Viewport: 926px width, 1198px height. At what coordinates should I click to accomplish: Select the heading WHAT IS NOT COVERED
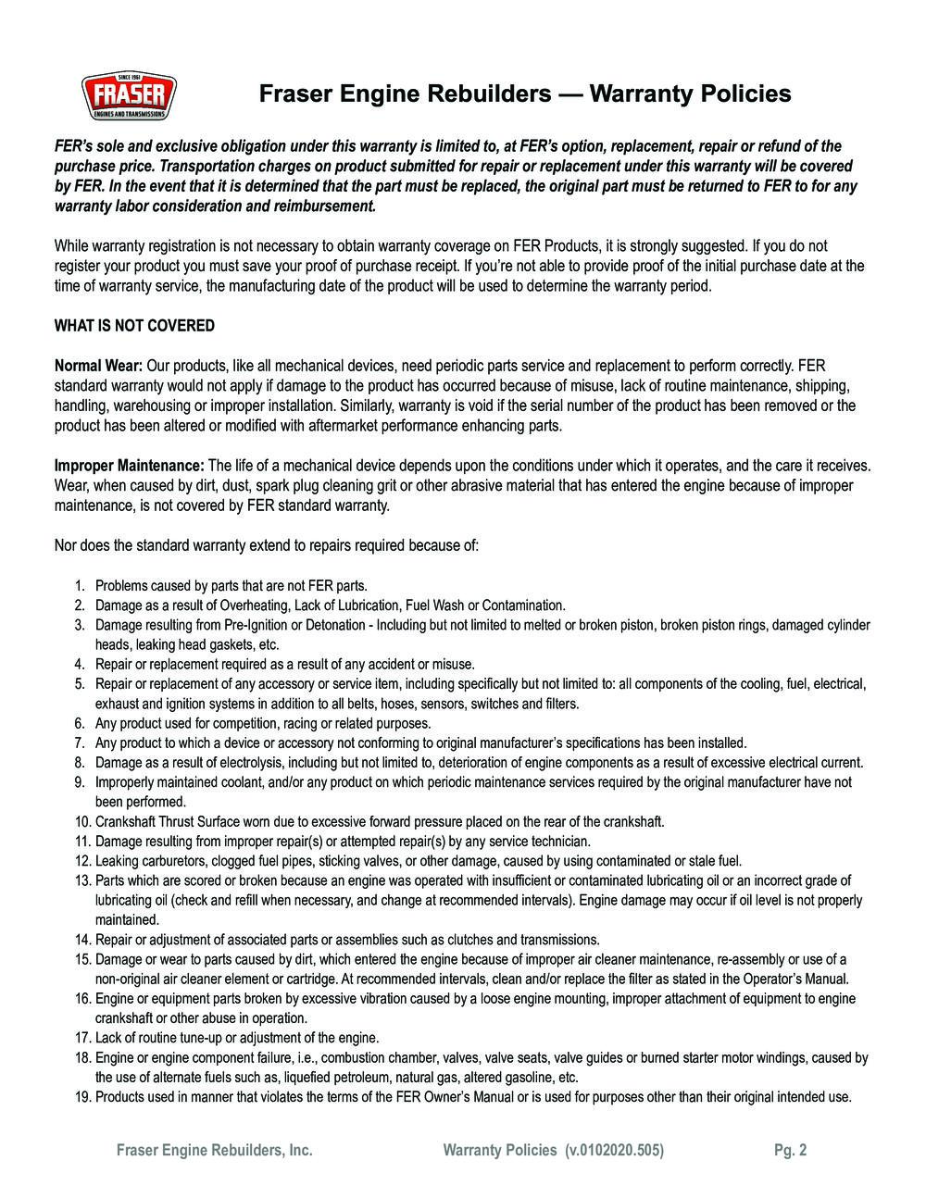pos(134,326)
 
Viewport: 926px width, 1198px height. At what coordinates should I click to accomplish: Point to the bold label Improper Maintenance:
pos(130,465)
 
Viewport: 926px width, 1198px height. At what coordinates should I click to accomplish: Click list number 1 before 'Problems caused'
pos(80,586)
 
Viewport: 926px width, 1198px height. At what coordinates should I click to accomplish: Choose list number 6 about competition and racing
pos(80,723)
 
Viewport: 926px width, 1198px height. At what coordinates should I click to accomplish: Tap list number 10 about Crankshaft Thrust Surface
pos(81,821)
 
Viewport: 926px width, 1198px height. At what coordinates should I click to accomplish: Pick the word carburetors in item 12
pos(170,861)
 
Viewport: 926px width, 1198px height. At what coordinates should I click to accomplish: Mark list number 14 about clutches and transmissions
pos(81,940)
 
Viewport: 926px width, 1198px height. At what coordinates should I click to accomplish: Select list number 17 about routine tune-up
pos(81,1038)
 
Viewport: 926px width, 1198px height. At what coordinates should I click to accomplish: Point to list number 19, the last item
pos(81,1097)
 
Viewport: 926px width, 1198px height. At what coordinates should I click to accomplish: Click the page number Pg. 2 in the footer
pos(790,1151)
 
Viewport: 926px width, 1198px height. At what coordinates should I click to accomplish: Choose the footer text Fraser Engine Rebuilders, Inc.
pos(214,1151)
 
